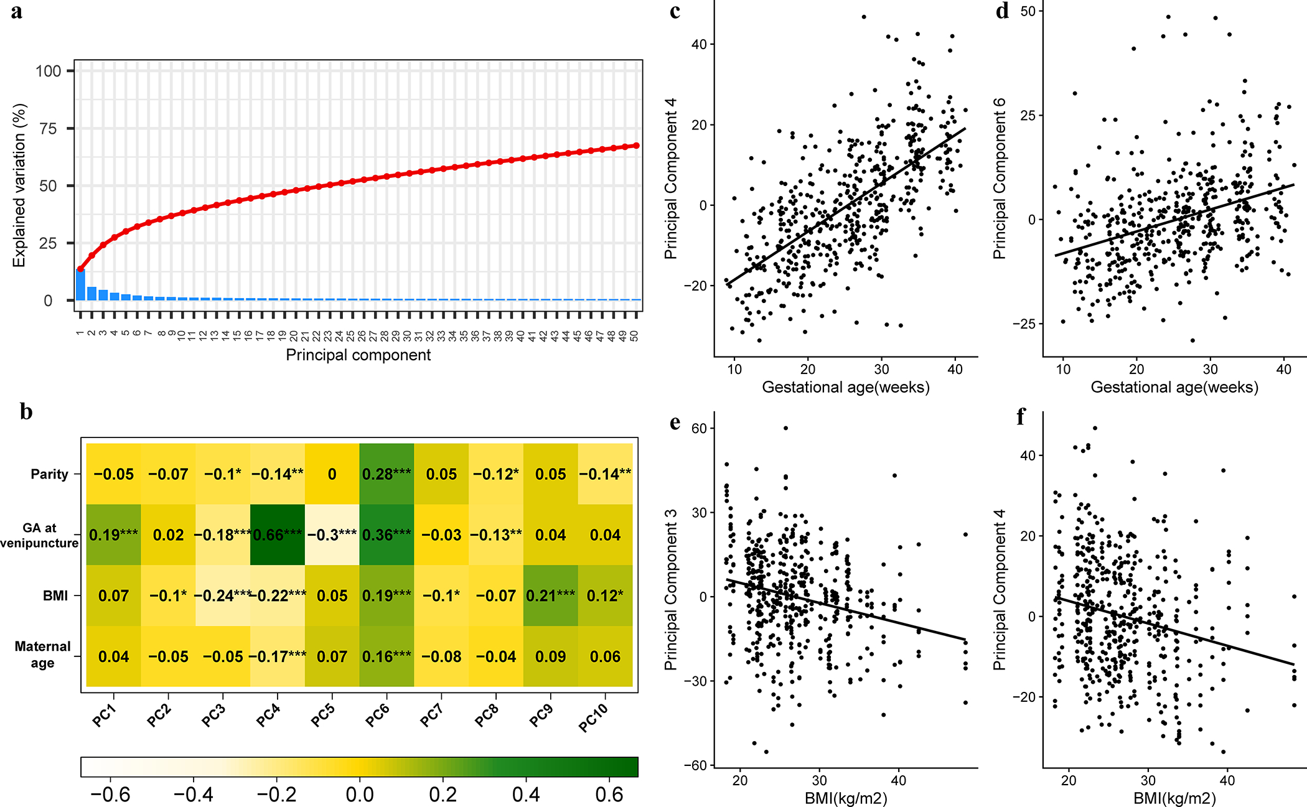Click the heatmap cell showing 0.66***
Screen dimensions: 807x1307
coord(278,534)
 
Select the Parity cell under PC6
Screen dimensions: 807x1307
coord(386,474)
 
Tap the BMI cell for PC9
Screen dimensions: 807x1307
coord(550,595)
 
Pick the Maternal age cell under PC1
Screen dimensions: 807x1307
coord(113,656)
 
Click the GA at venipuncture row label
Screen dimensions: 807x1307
coord(40,535)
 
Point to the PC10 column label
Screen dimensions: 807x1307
coord(593,717)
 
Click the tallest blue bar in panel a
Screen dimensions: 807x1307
coord(80,284)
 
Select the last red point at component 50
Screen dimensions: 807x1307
coord(636,146)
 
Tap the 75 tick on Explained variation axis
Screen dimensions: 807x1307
coord(48,129)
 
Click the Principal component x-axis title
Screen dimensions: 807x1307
coord(358,355)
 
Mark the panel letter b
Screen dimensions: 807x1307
coord(26,412)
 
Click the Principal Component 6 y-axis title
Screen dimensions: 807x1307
coord(1000,179)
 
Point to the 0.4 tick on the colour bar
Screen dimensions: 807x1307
coord(526,795)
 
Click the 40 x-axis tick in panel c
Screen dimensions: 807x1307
coord(955,370)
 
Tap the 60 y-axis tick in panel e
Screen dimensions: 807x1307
coord(699,428)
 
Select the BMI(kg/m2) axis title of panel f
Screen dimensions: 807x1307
coord(1174,798)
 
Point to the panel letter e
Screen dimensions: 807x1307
coord(675,423)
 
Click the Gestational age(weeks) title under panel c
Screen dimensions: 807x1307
coord(846,388)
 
